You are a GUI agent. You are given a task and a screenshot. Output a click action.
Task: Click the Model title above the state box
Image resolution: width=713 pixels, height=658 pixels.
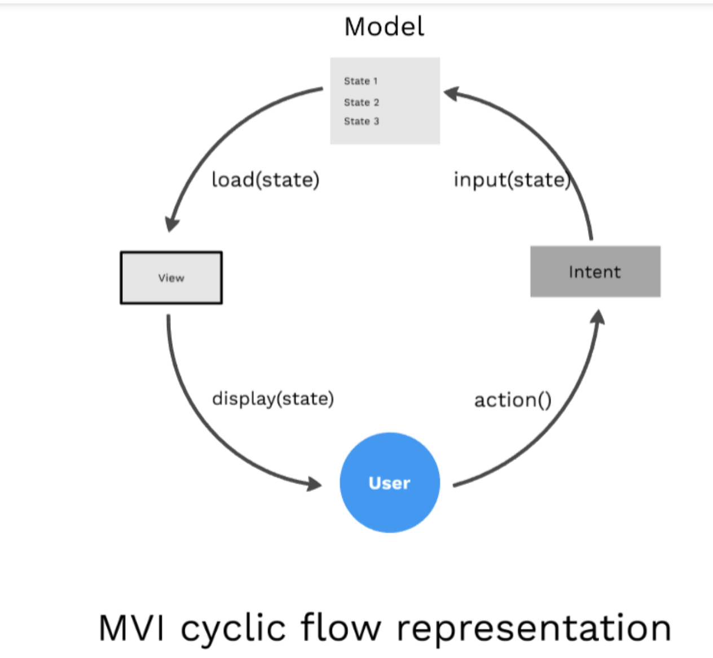[x=384, y=27]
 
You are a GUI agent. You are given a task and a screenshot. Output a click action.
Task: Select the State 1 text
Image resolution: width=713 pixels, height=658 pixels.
[x=360, y=81]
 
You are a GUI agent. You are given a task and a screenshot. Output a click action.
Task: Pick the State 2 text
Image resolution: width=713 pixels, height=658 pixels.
[x=361, y=102]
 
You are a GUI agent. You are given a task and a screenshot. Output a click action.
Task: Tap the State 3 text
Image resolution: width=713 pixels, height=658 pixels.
[x=361, y=121]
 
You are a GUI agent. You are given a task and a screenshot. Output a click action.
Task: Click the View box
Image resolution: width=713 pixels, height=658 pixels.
[x=171, y=278]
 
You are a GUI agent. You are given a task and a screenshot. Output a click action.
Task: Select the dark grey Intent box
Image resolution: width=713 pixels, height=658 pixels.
[x=595, y=271]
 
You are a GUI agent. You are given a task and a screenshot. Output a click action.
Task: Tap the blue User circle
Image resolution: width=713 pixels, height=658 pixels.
[x=390, y=482]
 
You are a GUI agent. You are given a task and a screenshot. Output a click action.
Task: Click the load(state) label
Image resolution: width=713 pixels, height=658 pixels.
[x=265, y=179]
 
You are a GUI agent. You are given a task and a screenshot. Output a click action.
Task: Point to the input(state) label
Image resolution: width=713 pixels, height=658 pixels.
[x=512, y=179]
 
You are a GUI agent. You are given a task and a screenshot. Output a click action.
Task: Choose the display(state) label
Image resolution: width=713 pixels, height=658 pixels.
[x=273, y=398]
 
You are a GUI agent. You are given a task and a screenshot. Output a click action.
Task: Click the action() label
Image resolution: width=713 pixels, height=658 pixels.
[x=513, y=400]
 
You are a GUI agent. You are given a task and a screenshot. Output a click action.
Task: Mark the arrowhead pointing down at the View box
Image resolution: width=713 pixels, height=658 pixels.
[x=171, y=224]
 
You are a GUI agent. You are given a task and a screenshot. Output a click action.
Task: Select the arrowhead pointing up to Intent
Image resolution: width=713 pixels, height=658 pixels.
[x=598, y=317]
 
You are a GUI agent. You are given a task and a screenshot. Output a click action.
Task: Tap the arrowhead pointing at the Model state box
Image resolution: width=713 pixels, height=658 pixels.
[x=451, y=93]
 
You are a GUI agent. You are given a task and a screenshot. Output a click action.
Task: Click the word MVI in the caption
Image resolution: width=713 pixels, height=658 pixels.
[x=131, y=628]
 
